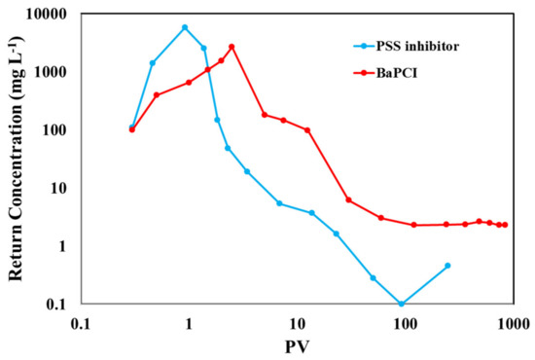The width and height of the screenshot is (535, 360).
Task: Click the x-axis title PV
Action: pyautogui.click(x=300, y=344)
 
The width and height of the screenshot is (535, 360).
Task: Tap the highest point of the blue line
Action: pyautogui.click(x=185, y=27)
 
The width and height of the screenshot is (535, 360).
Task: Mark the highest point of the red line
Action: pyautogui.click(x=232, y=47)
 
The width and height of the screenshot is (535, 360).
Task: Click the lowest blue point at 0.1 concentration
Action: pyautogui.click(x=401, y=304)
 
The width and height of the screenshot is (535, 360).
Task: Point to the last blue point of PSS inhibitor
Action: pyautogui.click(x=447, y=266)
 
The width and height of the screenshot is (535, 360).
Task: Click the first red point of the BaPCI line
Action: pyautogui.click(x=132, y=129)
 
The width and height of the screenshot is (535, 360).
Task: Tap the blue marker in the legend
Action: pyautogui.click(x=362, y=45)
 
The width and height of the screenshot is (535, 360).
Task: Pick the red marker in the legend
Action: pyautogui.click(x=362, y=71)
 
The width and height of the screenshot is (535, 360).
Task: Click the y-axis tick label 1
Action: pyautogui.click(x=69, y=246)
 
